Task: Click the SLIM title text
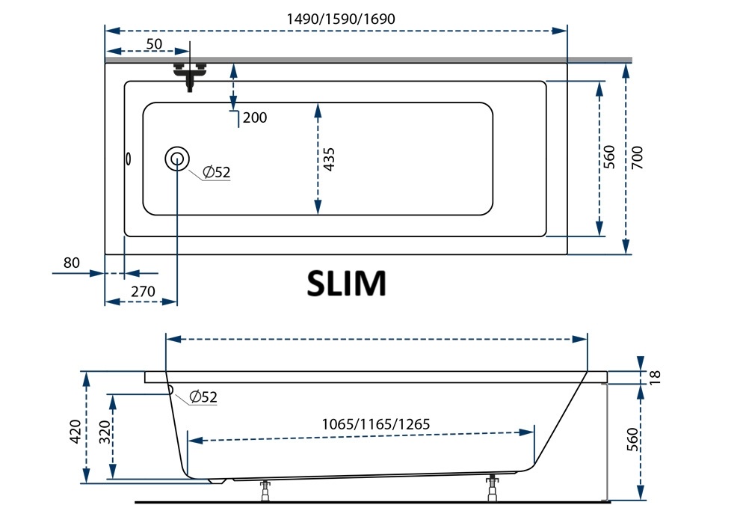pyautogui.click(x=346, y=283)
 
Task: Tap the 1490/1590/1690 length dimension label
pyautogui.click(x=341, y=19)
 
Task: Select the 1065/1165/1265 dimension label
pyautogui.click(x=376, y=423)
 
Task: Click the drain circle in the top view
pyautogui.click(x=177, y=159)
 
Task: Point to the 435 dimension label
pyautogui.click(x=330, y=159)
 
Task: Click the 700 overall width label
pyautogui.click(x=637, y=159)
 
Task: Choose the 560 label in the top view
pyautogui.click(x=609, y=157)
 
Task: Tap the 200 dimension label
pyautogui.click(x=255, y=117)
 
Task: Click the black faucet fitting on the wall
pyautogui.click(x=190, y=76)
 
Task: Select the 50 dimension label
pyautogui.click(x=154, y=43)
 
